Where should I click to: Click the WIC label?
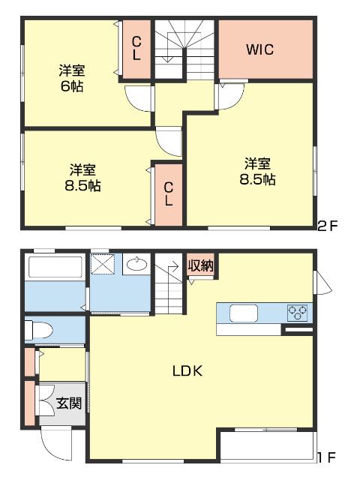pyautogui.click(x=260, y=49)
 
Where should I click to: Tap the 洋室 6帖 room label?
pyautogui.click(x=72, y=78)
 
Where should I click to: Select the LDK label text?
pyautogui.click(x=187, y=371)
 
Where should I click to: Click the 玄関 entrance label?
pyautogui.click(x=69, y=403)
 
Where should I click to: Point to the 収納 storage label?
pyautogui.click(x=200, y=265)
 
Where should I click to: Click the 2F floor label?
pyautogui.click(x=327, y=226)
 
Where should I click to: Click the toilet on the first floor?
pyautogui.click(x=38, y=330)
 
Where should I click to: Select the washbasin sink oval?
pyautogui.click(x=136, y=264)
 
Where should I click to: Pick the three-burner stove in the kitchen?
pyautogui.click(x=297, y=313)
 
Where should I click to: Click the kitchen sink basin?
pyautogui.click(x=244, y=313)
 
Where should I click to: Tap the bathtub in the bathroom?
pyautogui.click(x=55, y=267)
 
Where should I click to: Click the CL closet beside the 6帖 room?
pyautogui.click(x=136, y=49)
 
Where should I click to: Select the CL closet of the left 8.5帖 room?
pyautogui.click(x=169, y=195)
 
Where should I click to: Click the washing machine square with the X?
pyautogui.click(x=103, y=264)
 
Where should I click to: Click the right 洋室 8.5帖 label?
pyautogui.click(x=257, y=171)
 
